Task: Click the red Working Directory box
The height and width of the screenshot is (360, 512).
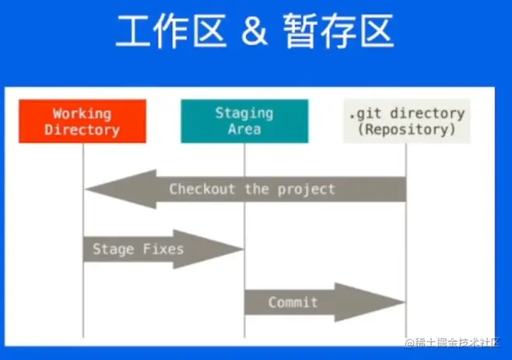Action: [82, 121]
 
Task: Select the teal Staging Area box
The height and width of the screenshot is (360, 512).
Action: [244, 121]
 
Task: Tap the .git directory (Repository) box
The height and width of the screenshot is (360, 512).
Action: [406, 121]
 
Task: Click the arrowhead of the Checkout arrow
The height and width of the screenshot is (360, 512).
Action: [105, 188]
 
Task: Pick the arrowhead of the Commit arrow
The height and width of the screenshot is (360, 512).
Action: [385, 302]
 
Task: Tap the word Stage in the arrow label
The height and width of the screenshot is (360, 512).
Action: [114, 250]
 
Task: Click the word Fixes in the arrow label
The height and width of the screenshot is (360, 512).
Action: [163, 250]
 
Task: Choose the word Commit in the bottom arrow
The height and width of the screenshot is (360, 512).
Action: [293, 302]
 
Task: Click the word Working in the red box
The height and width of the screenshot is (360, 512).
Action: [82, 114]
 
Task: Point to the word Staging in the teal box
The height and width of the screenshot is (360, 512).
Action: [244, 114]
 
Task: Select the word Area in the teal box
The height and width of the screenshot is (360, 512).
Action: [244, 129]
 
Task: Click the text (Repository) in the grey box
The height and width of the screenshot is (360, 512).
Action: [406, 129]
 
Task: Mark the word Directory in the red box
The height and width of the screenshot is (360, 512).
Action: [82, 129]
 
